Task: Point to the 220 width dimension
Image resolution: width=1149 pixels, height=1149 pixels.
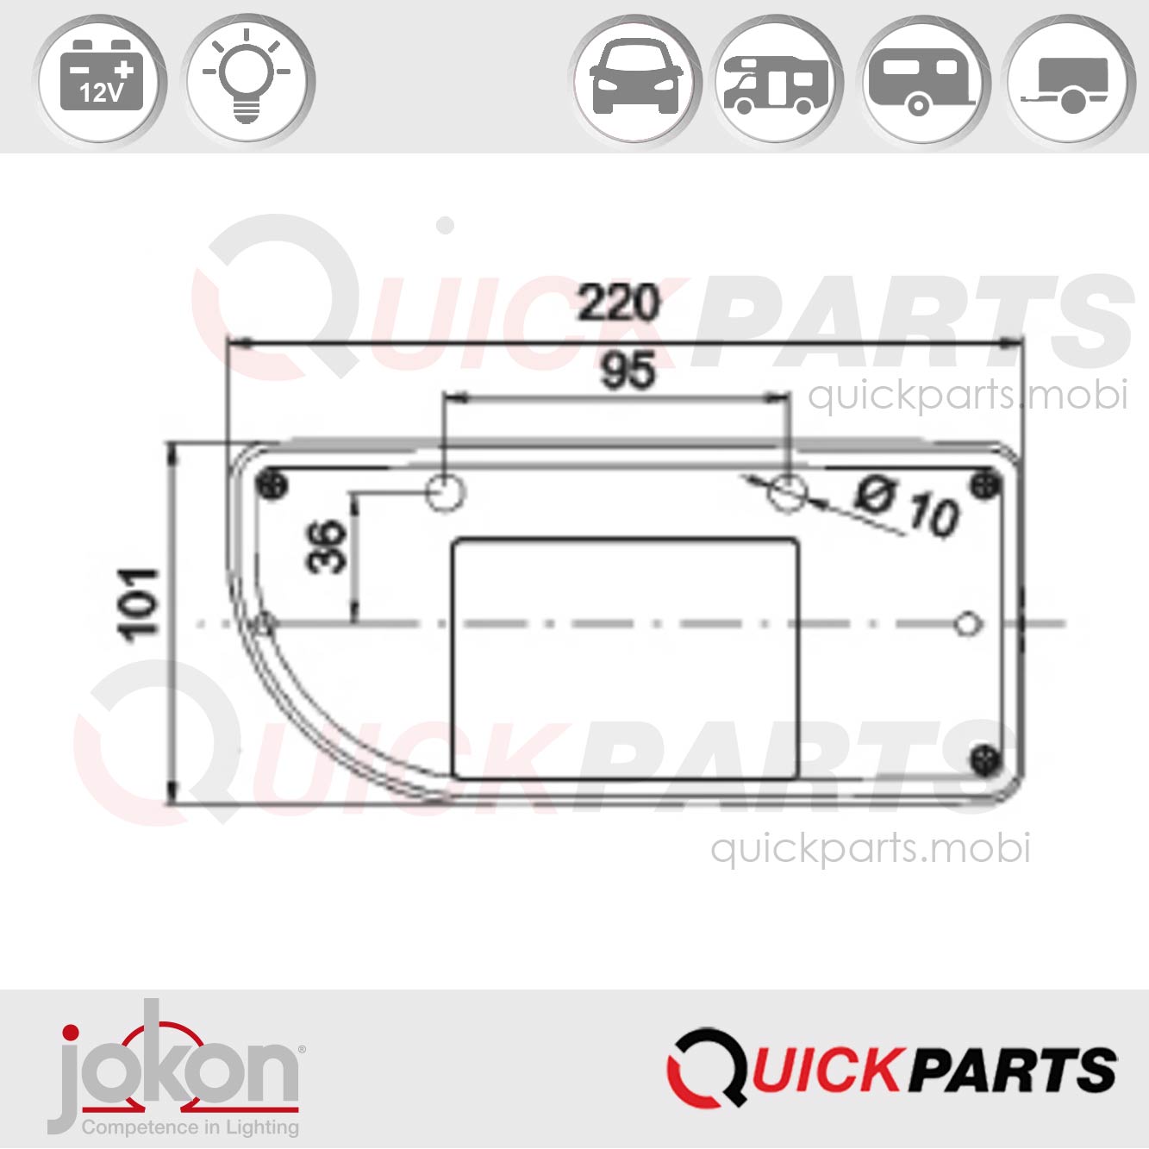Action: click(618, 303)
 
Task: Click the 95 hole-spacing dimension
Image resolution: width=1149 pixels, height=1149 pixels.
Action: click(627, 371)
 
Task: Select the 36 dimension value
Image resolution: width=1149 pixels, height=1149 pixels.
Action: click(328, 546)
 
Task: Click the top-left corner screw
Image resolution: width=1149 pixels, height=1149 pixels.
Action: click(273, 485)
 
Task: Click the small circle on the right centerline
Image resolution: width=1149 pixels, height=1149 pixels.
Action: click(969, 622)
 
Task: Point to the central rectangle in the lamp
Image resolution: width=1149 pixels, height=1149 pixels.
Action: click(625, 659)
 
